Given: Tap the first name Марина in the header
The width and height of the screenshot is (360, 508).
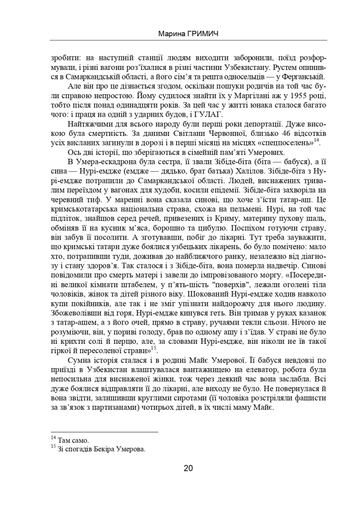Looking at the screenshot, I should (170, 35).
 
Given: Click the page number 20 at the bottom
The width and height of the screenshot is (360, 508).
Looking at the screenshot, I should (188, 468).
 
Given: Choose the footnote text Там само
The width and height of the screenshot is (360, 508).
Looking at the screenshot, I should (73, 441).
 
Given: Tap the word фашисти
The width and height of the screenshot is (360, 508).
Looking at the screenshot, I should (311, 408).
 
